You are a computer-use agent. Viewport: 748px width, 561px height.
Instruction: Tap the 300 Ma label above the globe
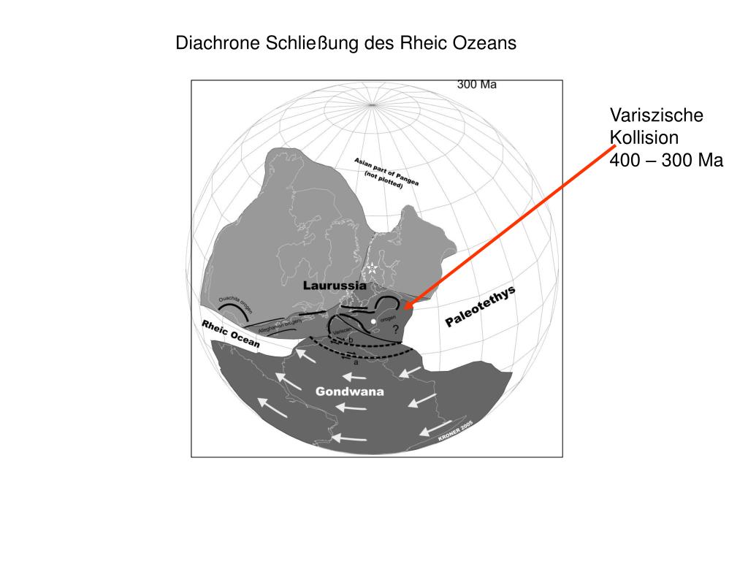(x=477, y=85)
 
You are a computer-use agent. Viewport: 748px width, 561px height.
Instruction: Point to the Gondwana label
(x=350, y=392)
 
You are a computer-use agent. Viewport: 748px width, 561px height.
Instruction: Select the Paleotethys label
(x=481, y=307)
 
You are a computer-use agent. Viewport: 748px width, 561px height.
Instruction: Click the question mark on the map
(x=395, y=331)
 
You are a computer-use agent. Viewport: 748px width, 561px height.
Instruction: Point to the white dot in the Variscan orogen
(x=373, y=321)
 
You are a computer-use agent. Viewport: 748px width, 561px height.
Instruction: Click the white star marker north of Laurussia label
(x=371, y=268)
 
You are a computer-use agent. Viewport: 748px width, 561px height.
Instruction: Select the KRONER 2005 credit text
(x=456, y=432)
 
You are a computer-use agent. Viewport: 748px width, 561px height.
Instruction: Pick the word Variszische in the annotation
(x=646, y=115)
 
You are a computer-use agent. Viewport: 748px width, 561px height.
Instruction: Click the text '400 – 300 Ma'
(x=666, y=161)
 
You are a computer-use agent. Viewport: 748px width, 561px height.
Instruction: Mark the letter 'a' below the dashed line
(x=356, y=362)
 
